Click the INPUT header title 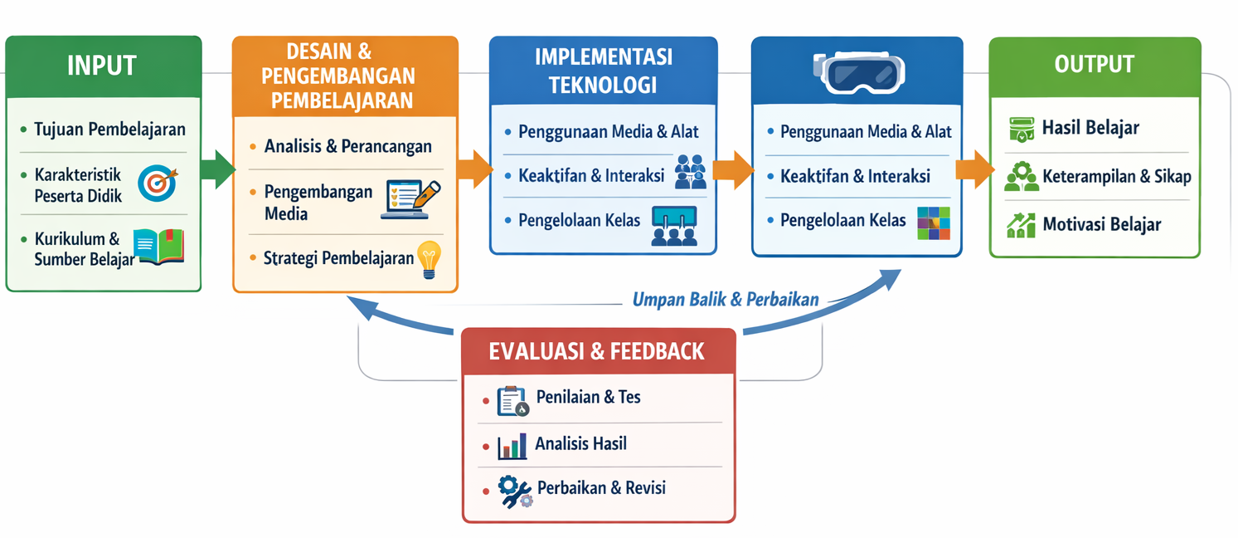click(102, 66)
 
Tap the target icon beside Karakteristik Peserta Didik click(157, 183)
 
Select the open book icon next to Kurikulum click(158, 247)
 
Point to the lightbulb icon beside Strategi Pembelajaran click(429, 258)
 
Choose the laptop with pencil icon click(410, 199)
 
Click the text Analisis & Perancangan click(347, 147)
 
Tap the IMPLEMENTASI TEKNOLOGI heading click(603, 71)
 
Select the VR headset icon click(858, 71)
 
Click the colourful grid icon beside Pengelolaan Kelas click(934, 223)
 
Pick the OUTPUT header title click(1094, 65)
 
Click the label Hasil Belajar click(1090, 129)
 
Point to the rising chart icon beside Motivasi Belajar click(1021, 224)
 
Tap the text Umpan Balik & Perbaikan click(726, 300)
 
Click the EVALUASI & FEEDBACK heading click(597, 351)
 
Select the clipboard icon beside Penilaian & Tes click(512, 401)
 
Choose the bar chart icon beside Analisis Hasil click(512, 446)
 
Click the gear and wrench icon click(515, 492)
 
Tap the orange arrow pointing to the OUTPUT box click(973, 169)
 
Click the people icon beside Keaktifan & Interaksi click(690, 171)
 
